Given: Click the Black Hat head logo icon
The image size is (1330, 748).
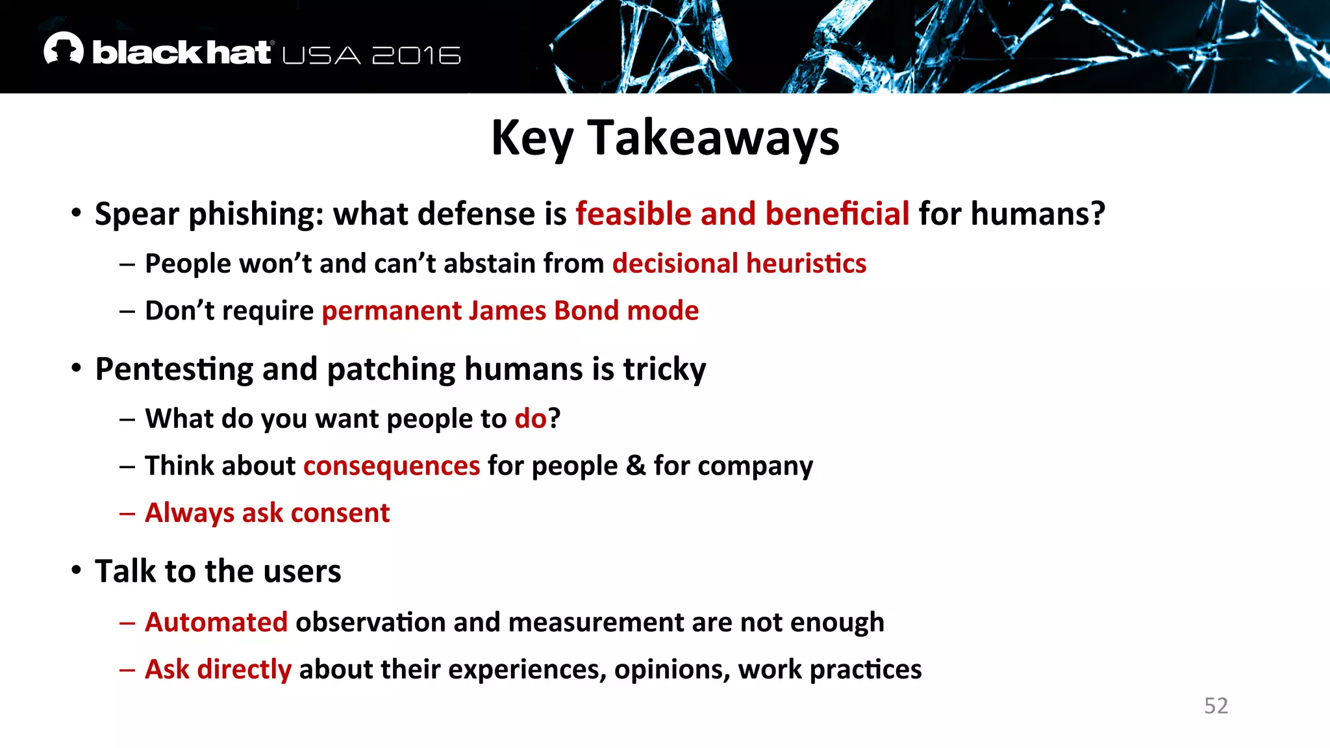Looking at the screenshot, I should tap(64, 49).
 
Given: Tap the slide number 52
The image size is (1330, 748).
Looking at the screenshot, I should tap(1216, 706).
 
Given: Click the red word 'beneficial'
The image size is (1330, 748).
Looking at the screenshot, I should tap(837, 214).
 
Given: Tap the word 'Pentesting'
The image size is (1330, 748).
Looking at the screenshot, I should tap(173, 369).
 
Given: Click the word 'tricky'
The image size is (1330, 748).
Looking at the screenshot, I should tap(664, 369).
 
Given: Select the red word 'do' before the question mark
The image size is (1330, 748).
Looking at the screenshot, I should tap(530, 419).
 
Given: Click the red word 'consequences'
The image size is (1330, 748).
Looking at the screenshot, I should tap(391, 466).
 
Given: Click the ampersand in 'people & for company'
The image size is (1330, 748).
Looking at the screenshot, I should tap(635, 466).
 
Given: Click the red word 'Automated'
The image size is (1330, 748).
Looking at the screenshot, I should tap(216, 622).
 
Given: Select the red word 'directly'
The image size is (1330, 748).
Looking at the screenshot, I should tap(244, 669).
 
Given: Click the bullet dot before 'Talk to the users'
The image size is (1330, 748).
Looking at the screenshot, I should tap(77, 570).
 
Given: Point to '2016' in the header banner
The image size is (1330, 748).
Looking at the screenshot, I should tap(416, 56).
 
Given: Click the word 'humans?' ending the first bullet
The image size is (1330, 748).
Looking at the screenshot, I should tap(1037, 214).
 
